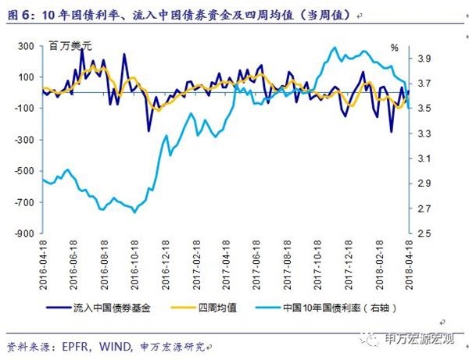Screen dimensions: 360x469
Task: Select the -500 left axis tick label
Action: coord(26,171)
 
